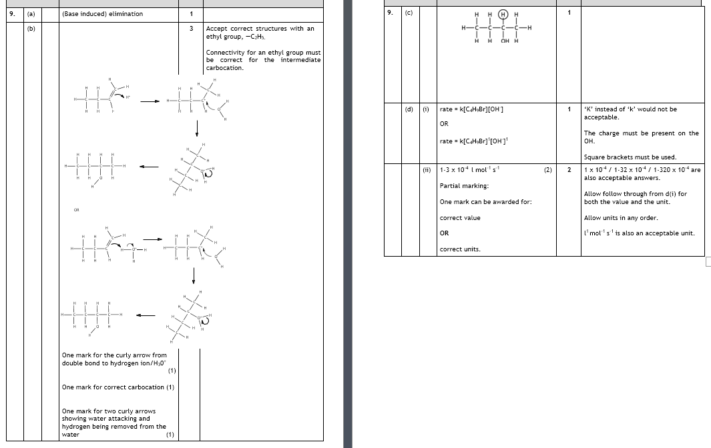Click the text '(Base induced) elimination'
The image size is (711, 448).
click(102, 14)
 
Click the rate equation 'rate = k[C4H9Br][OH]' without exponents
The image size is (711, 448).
click(472, 109)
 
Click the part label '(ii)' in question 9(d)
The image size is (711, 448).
click(427, 169)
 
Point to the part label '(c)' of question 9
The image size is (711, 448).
click(409, 12)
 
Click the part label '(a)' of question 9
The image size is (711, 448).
click(31, 14)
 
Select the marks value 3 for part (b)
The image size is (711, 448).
click(191, 29)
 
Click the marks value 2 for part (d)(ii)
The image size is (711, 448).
click(569, 170)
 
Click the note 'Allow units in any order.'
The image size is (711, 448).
click(621, 218)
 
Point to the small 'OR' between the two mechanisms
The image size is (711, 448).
click(77, 210)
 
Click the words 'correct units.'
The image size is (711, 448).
click(460, 249)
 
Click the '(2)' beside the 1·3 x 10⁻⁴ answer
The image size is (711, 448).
click(548, 170)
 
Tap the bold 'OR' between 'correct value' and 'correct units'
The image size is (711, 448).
click(444, 233)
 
